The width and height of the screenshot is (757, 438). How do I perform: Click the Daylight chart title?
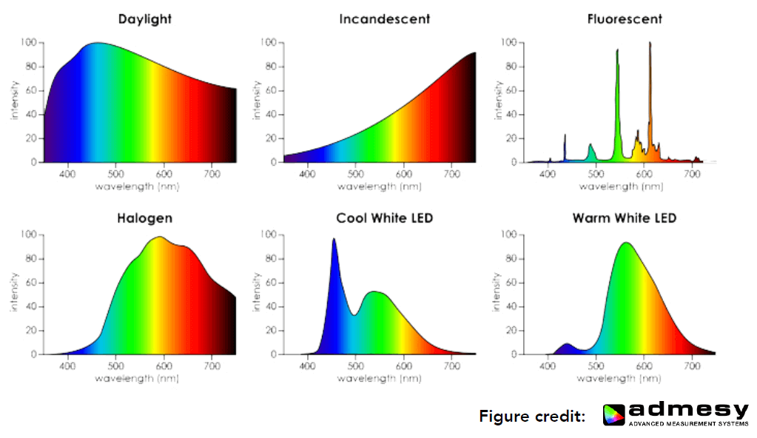(145, 18)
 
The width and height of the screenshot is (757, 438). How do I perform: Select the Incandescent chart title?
(384, 18)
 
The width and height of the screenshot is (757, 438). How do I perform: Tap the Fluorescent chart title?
(625, 18)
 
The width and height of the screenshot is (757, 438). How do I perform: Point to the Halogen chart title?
(144, 218)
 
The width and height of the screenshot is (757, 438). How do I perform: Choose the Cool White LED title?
(384, 218)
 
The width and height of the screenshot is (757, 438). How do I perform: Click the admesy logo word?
(689, 411)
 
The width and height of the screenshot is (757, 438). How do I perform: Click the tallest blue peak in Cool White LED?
(334, 240)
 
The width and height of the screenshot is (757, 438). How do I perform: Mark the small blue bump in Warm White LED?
(566, 345)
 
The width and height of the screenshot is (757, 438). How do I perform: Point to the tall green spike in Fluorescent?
(617, 52)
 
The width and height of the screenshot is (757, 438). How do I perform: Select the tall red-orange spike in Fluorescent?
(650, 44)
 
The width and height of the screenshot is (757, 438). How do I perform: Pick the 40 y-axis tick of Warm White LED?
(510, 306)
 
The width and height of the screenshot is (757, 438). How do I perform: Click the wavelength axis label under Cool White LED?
(379, 379)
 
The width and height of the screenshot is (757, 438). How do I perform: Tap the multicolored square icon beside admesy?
(614, 415)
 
